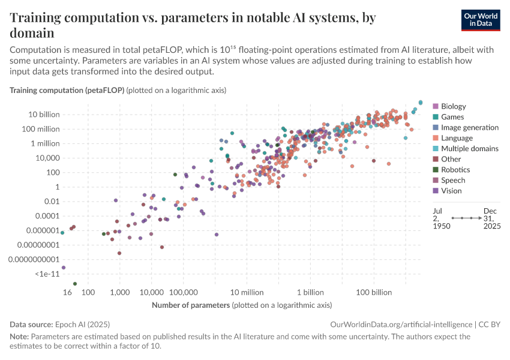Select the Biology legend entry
453,106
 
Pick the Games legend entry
452,117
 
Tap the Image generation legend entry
469,127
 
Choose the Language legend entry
457,138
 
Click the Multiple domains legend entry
469,148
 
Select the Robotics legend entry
455,170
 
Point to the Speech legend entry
453,180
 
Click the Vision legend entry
452,191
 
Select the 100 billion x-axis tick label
374,292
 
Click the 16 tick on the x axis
68,292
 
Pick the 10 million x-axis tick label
247,292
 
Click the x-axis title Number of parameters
191,305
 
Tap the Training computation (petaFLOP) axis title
67,90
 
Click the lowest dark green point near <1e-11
75,284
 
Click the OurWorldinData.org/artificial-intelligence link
401,324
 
